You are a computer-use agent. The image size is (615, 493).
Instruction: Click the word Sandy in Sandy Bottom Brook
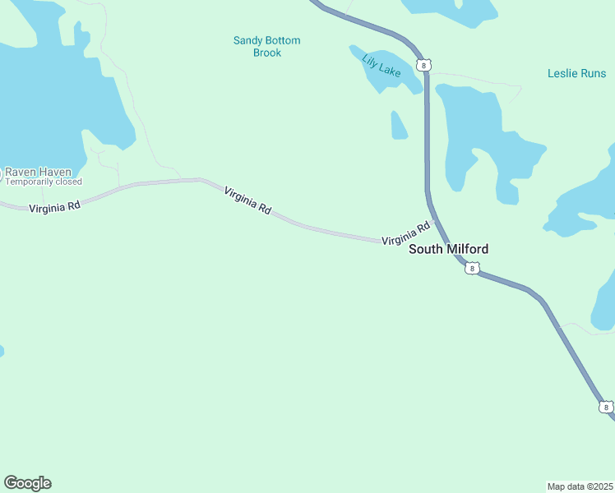tap(249, 40)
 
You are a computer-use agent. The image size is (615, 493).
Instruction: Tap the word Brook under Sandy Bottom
tap(267, 53)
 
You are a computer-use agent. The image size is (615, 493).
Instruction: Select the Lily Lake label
tap(381, 65)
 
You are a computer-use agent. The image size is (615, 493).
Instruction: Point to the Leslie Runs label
tap(576, 73)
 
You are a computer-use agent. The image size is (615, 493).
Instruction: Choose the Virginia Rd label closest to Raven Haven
tap(54, 208)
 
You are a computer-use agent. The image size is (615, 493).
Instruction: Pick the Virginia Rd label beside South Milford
tap(406, 234)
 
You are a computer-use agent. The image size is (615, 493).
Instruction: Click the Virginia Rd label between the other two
tap(247, 200)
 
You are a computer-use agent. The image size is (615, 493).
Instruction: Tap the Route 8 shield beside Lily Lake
tap(423, 64)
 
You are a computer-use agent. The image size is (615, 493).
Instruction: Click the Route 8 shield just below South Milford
tap(470, 268)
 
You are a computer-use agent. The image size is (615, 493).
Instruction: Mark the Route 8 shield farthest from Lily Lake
tap(606, 407)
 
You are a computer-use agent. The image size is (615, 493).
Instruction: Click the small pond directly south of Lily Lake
tap(399, 126)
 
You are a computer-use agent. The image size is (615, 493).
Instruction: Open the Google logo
tap(27, 483)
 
